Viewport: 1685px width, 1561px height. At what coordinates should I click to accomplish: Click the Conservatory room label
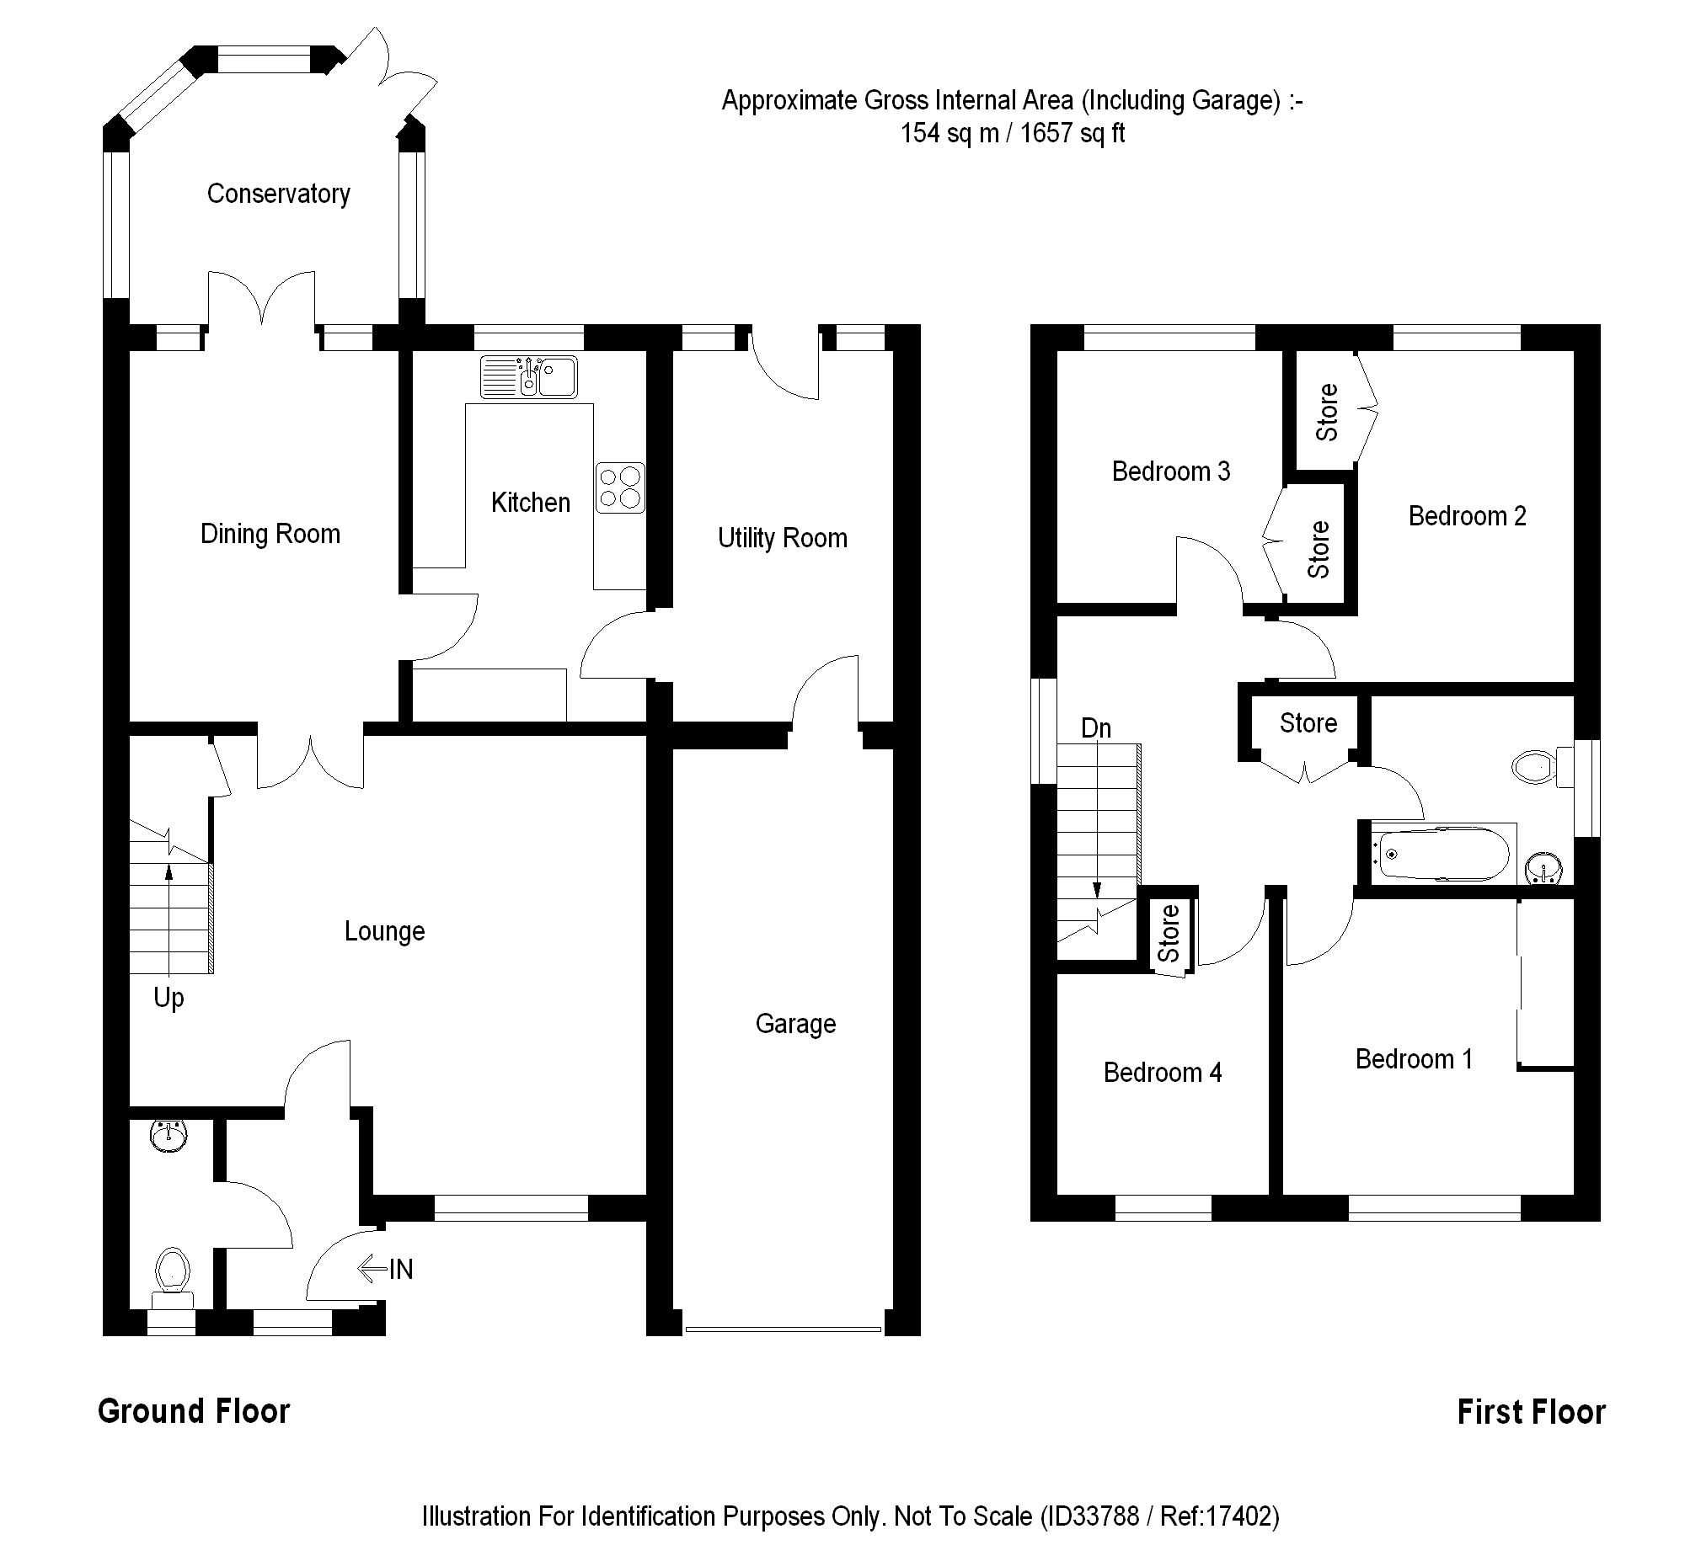pos(278,194)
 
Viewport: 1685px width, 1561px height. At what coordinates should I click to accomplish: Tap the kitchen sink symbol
pos(529,376)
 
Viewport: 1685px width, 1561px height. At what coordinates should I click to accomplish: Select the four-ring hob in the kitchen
pos(620,487)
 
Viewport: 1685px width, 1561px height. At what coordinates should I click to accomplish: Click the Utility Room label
pos(783,538)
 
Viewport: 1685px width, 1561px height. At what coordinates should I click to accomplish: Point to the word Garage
pos(795,1024)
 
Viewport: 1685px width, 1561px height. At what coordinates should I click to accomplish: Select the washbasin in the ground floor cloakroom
pos(168,1135)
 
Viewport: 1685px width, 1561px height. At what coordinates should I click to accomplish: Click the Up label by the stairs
pos(168,998)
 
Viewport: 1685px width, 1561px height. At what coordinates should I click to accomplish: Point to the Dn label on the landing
pos(1096,728)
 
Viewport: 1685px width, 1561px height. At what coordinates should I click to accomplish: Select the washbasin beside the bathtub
pos(1543,868)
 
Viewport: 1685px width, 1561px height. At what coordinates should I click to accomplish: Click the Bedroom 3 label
pos(1170,471)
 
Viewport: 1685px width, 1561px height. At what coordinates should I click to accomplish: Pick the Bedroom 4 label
pos(1162,1073)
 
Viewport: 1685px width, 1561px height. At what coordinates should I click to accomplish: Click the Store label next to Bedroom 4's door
pos(1169,933)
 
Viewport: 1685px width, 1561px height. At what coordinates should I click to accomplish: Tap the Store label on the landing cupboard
pos(1308,723)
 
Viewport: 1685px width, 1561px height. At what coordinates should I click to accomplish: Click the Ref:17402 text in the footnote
pos(1218,1516)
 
